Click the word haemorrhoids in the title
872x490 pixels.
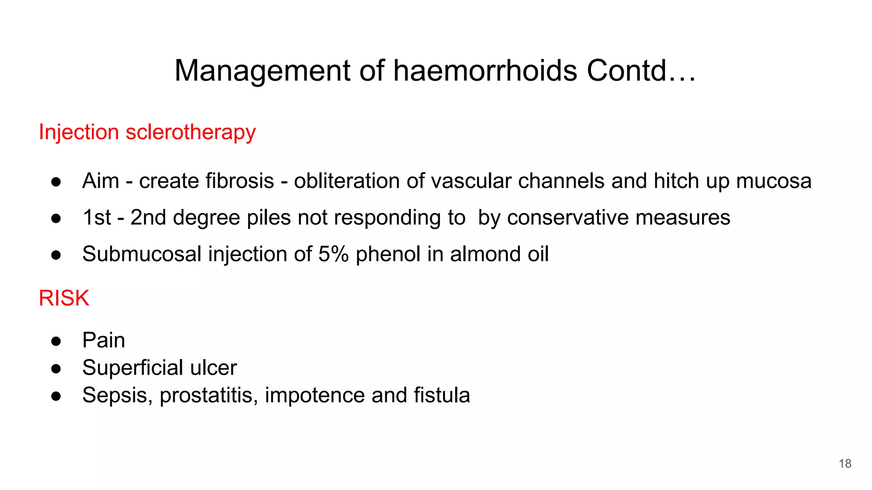click(x=485, y=71)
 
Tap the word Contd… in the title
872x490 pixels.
click(x=641, y=71)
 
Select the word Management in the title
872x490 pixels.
click(x=262, y=71)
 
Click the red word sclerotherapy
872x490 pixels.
click(x=191, y=132)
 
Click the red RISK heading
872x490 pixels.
click(x=64, y=298)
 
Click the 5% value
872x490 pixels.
click(x=333, y=254)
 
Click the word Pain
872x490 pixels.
click(x=103, y=340)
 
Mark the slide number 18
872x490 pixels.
click(x=845, y=464)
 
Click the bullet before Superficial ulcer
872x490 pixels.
click(x=56, y=368)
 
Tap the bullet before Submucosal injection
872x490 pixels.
click(x=56, y=255)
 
